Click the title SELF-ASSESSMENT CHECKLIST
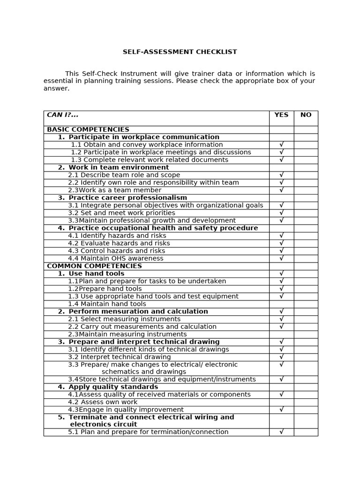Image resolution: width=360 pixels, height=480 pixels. click(180, 52)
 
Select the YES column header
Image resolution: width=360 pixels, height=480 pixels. click(281, 115)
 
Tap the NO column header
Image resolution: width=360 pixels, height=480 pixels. click(306, 115)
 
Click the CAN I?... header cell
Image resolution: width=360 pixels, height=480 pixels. click(63, 115)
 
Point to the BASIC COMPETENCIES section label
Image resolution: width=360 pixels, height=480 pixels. click(88, 129)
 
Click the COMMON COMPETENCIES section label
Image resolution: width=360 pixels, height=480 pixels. click(94, 266)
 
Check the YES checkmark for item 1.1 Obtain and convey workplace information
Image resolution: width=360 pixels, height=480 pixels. click(281, 145)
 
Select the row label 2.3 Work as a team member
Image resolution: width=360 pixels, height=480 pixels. click(114, 190)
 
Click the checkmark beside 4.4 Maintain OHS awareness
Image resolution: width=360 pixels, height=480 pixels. click(281, 258)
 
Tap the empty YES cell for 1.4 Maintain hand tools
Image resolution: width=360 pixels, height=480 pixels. click(281, 304)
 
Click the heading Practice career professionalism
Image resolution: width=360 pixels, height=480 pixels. click(127, 198)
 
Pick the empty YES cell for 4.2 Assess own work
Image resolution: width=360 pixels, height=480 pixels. click(281, 402)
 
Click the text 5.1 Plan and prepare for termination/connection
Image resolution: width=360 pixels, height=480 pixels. click(148, 432)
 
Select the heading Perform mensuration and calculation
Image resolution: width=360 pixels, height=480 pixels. click(138, 311)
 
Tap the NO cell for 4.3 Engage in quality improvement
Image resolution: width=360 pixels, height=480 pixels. click(306, 410)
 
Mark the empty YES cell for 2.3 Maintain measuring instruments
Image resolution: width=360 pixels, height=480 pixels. click(281, 334)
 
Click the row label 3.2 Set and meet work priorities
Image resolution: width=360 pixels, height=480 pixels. click(121, 213)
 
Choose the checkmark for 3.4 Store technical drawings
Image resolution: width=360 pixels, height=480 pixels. click(281, 379)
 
